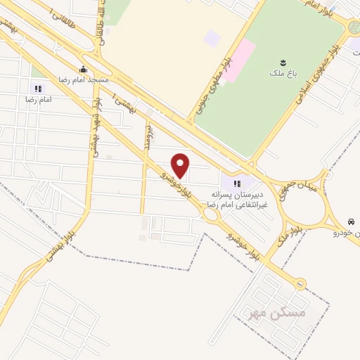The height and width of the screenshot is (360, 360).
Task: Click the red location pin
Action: [x=181, y=165]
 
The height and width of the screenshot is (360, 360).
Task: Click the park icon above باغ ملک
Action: [x=283, y=61]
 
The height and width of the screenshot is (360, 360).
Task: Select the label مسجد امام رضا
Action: [x=84, y=79]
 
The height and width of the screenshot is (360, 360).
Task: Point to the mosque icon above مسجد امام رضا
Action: [x=84, y=69]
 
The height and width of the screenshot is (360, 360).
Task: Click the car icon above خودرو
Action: [x=349, y=220]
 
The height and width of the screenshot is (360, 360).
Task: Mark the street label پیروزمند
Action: [x=148, y=134]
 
